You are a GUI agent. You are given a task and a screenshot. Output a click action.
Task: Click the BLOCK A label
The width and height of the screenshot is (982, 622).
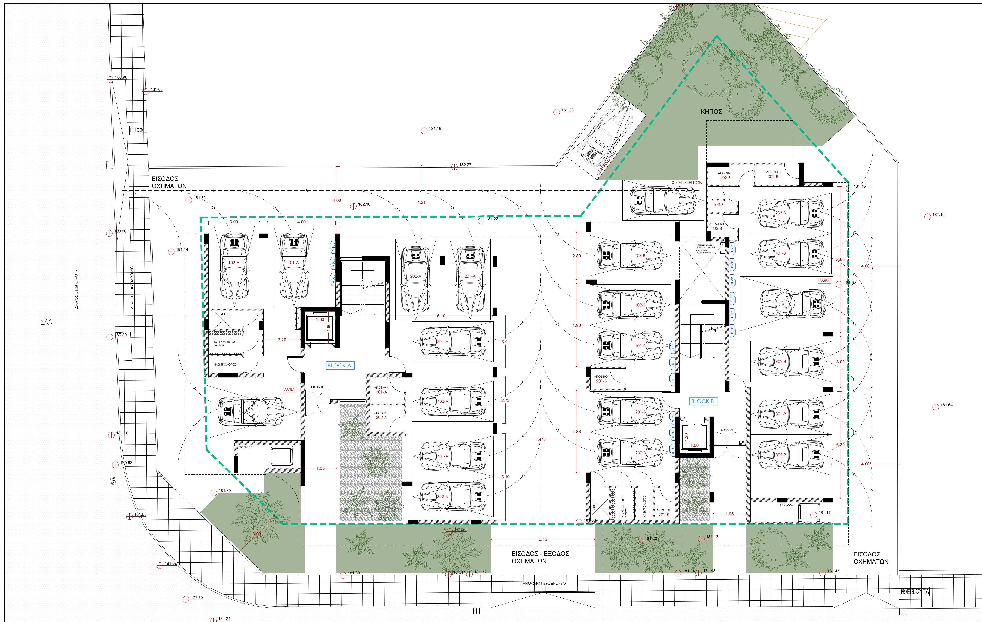(x=339, y=366)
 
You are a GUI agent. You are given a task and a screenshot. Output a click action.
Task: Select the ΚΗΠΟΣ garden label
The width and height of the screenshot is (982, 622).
(x=711, y=111)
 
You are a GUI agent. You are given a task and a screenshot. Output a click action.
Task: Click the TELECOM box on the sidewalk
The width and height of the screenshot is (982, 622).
(x=137, y=130)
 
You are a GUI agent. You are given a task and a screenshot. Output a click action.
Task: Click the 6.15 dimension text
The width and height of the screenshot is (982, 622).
(x=542, y=539)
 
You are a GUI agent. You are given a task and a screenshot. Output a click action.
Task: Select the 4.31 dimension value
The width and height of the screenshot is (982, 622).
(x=421, y=202)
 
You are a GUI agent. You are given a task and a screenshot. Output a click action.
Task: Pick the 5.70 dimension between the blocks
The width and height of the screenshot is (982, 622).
(x=541, y=439)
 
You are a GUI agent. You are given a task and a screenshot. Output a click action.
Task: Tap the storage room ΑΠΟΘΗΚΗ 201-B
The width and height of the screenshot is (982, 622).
(x=601, y=379)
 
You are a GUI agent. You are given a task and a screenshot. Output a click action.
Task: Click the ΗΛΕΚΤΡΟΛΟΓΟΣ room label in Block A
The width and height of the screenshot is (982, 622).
(x=225, y=364)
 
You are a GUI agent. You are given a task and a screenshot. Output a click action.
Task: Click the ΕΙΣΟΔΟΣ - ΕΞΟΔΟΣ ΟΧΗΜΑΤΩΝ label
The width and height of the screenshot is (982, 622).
(x=540, y=557)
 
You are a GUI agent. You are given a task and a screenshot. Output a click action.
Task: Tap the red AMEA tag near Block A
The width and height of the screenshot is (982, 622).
(x=289, y=390)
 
